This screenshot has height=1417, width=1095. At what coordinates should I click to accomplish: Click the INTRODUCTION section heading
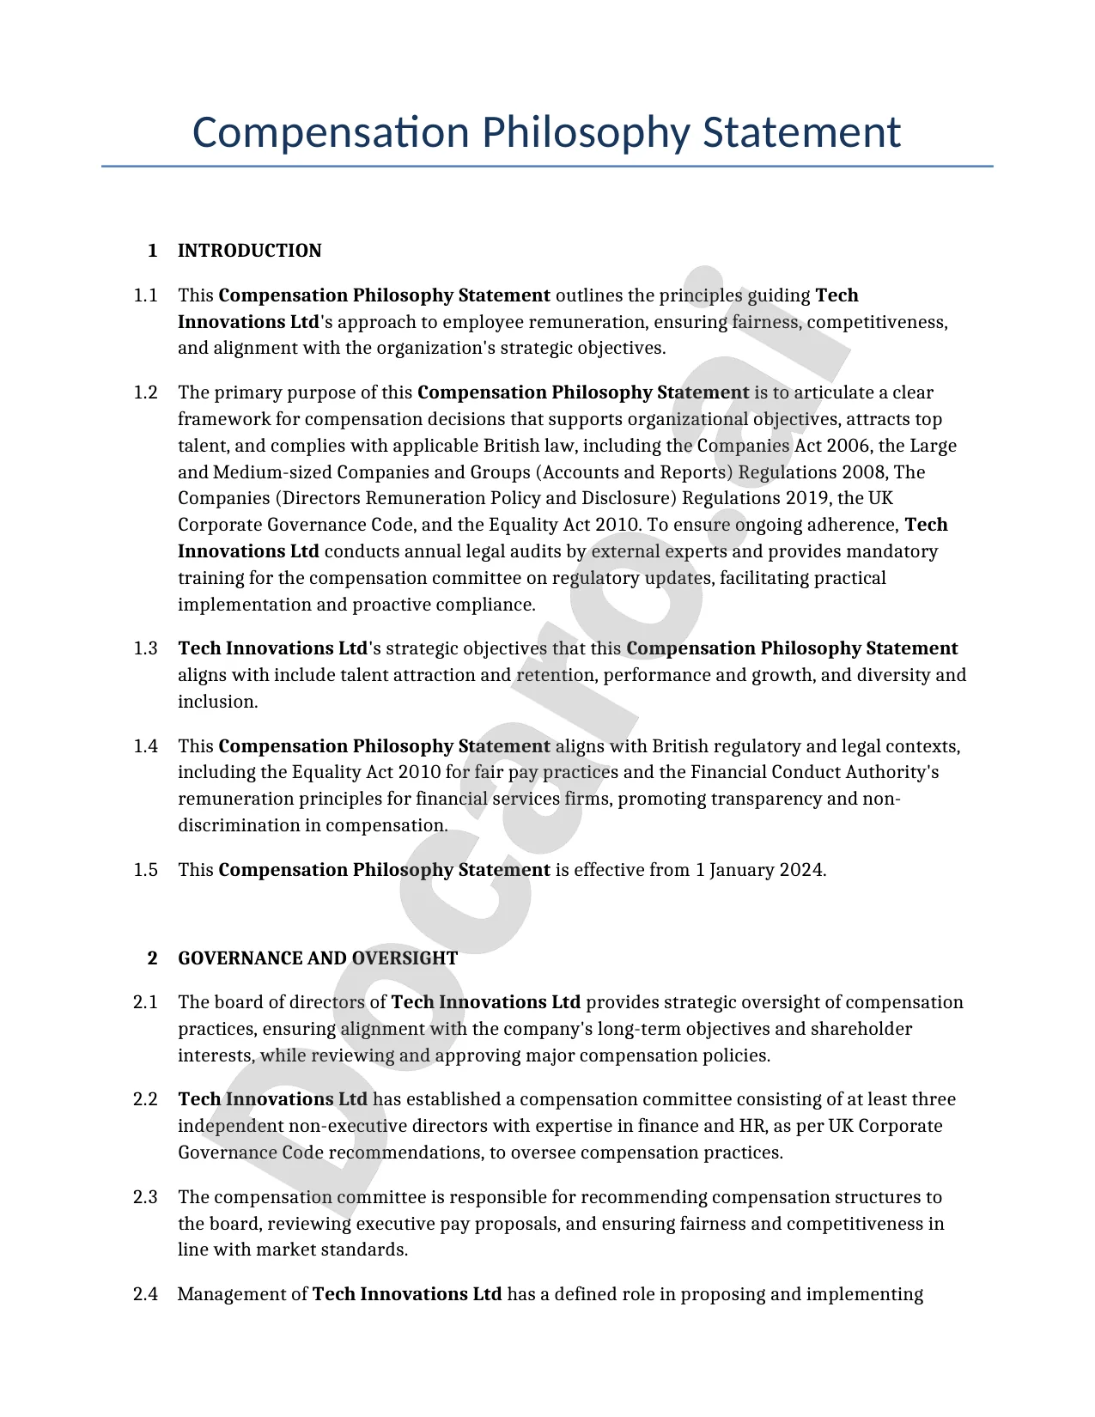pyautogui.click(x=249, y=251)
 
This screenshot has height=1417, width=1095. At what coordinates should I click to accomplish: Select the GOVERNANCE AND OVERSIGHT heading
pyautogui.click(x=318, y=958)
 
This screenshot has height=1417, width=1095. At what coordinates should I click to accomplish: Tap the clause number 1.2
pyautogui.click(x=146, y=392)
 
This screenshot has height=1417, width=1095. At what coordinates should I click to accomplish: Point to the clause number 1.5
pyautogui.click(x=146, y=870)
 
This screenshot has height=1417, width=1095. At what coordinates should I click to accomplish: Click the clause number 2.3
pyautogui.click(x=146, y=1197)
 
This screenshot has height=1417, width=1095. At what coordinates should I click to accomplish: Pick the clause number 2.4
pyautogui.click(x=146, y=1294)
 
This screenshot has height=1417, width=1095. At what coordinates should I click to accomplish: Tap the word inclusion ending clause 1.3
pyautogui.click(x=217, y=702)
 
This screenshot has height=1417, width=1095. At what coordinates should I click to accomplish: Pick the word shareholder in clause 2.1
pyautogui.click(x=861, y=1029)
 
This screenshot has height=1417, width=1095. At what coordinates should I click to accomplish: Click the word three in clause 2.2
pyautogui.click(x=934, y=1099)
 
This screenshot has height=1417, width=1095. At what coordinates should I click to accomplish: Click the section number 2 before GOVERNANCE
pyautogui.click(x=153, y=958)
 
